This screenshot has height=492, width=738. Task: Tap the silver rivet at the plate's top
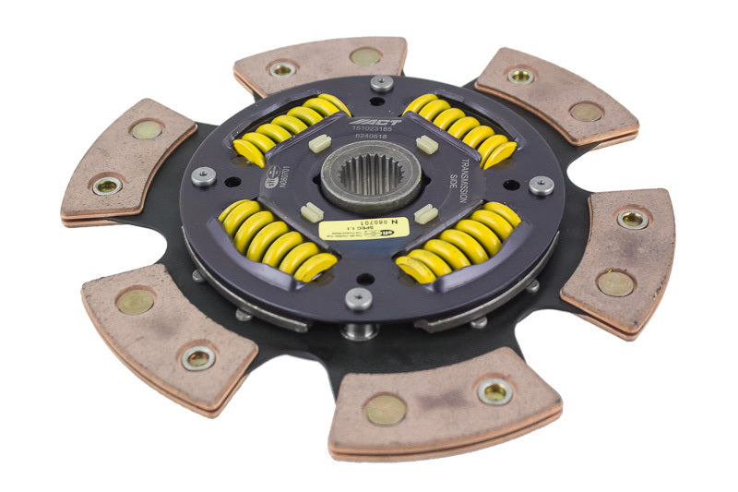381,83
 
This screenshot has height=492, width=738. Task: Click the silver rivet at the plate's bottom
359,298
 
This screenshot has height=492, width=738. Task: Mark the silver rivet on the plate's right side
542,185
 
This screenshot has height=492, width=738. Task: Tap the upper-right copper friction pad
555,95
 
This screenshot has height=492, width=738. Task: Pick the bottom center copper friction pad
444,402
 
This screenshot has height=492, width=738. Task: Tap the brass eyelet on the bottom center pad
494,391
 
